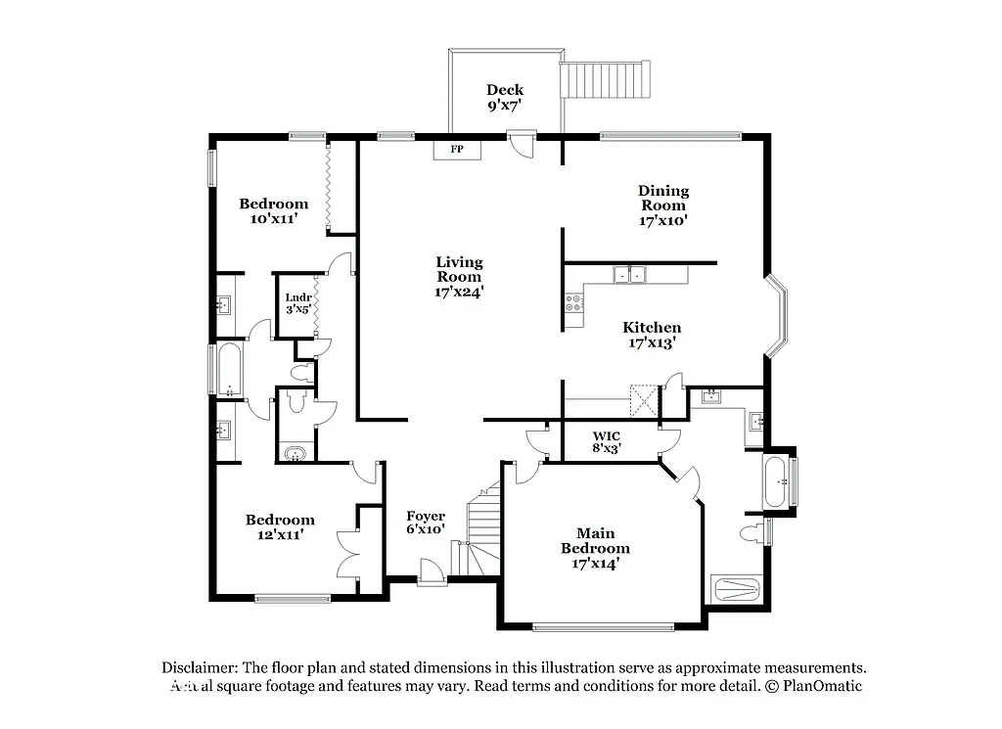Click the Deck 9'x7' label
click(505, 97)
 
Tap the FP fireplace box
click(456, 150)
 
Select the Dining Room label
click(663, 205)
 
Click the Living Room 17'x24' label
click(459, 276)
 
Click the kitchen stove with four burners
click(572, 304)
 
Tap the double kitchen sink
click(628, 275)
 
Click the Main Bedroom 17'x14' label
click(595, 548)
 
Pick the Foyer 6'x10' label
click(426, 523)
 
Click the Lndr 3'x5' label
click(297, 303)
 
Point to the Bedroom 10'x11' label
click(274, 211)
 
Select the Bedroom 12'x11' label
click(280, 527)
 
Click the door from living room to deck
click(522, 144)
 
